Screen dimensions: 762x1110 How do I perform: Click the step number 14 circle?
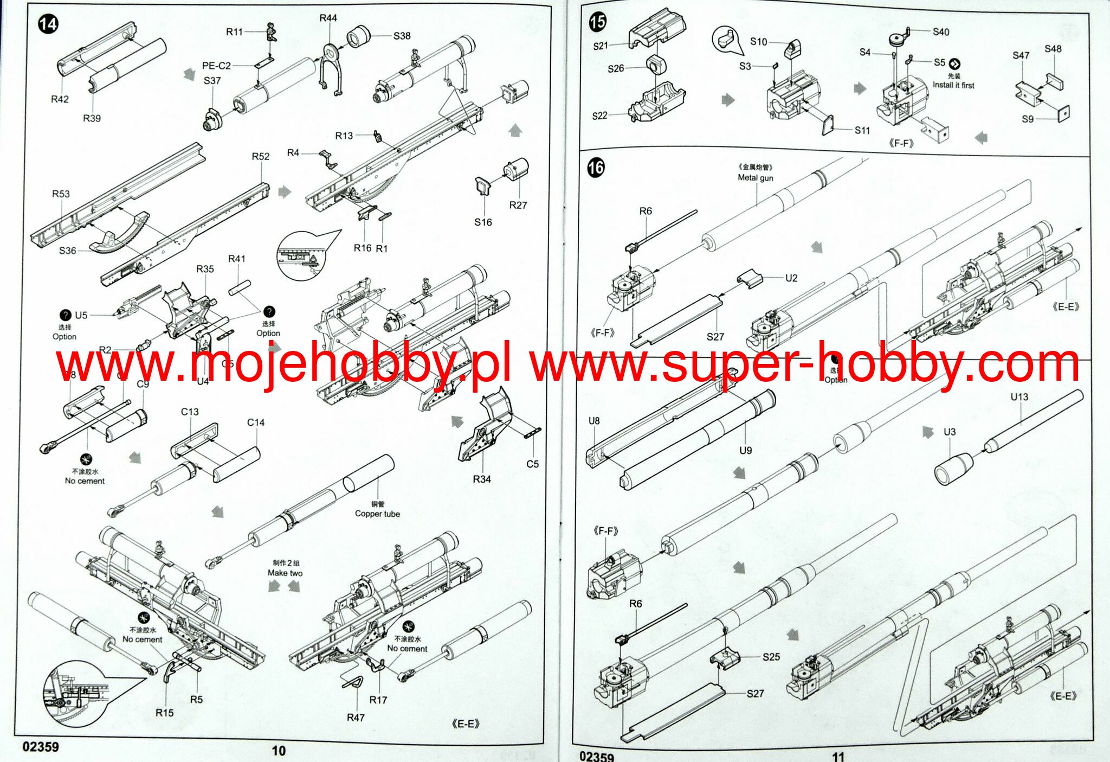point(48,24)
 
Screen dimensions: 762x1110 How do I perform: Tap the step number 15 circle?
point(597,22)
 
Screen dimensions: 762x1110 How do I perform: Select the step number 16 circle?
point(596,168)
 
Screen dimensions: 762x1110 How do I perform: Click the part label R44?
point(328,18)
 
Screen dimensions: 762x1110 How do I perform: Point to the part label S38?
point(402,36)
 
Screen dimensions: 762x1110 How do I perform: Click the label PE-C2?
point(216,66)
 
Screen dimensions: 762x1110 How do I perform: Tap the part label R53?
point(61,194)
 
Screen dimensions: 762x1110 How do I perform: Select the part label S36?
point(68,251)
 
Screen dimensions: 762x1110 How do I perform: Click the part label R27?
point(518,205)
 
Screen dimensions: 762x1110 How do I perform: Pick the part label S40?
point(941,32)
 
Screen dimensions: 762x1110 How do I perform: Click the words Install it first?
point(953,85)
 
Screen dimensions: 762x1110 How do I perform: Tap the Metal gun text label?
point(756,178)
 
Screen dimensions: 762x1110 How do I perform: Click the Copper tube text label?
point(377,514)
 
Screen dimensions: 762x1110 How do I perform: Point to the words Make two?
point(285,573)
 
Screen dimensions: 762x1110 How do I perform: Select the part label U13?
point(1019,397)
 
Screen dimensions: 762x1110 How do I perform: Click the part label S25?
point(771,657)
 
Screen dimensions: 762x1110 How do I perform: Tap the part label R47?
point(356,718)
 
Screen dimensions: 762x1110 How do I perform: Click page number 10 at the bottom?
point(279,751)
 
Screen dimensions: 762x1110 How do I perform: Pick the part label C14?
point(256,422)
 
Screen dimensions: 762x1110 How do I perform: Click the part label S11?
point(862,130)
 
